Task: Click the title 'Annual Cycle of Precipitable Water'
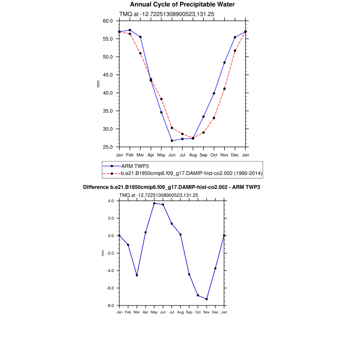click(x=179, y=5)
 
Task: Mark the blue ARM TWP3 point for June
click(x=172, y=140)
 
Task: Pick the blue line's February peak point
click(x=130, y=30)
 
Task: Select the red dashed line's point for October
click(x=214, y=118)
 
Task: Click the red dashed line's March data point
click(x=140, y=53)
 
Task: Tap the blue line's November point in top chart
click(x=224, y=63)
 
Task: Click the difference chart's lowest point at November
click(x=207, y=299)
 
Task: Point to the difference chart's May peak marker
click(x=154, y=203)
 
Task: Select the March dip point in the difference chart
click(x=137, y=275)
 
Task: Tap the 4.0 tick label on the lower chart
click(x=111, y=201)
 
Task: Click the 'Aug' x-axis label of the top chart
click(x=193, y=154)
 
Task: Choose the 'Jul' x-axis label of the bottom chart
click(x=172, y=312)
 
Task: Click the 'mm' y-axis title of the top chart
click(x=99, y=84)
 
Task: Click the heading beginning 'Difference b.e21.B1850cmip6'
click(x=171, y=187)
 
